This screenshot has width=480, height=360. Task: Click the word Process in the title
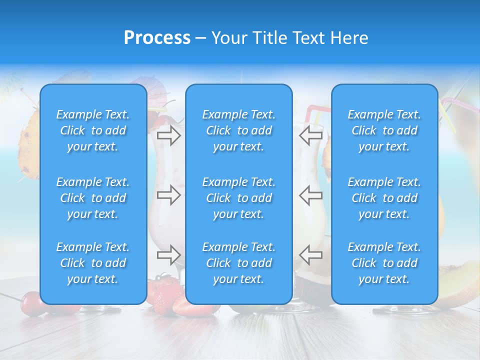pyautogui.click(x=157, y=38)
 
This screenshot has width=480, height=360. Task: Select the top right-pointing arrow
pyautogui.click(x=168, y=135)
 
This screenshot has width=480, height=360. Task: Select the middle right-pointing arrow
pyautogui.click(x=168, y=195)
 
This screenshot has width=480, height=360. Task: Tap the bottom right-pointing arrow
pyautogui.click(x=168, y=255)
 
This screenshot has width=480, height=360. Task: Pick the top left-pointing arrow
pyautogui.click(x=310, y=135)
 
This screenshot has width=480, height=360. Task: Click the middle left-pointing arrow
pyautogui.click(x=310, y=195)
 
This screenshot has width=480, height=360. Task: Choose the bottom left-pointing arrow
pyautogui.click(x=310, y=255)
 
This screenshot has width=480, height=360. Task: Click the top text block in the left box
pyautogui.click(x=93, y=130)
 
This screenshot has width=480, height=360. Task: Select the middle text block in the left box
pyautogui.click(x=93, y=198)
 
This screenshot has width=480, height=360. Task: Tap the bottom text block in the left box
pyautogui.click(x=93, y=263)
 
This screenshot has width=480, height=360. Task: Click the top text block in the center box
pyautogui.click(x=238, y=130)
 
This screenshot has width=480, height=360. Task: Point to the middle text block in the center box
pyautogui.click(x=238, y=198)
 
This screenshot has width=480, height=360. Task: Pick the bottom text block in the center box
pyautogui.click(x=238, y=263)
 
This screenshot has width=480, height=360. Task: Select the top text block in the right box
pyautogui.click(x=384, y=130)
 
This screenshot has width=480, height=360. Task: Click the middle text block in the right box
pyautogui.click(x=384, y=198)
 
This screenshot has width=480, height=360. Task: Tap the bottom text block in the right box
pyautogui.click(x=384, y=263)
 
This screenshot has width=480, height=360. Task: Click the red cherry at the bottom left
pyautogui.click(x=31, y=303)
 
